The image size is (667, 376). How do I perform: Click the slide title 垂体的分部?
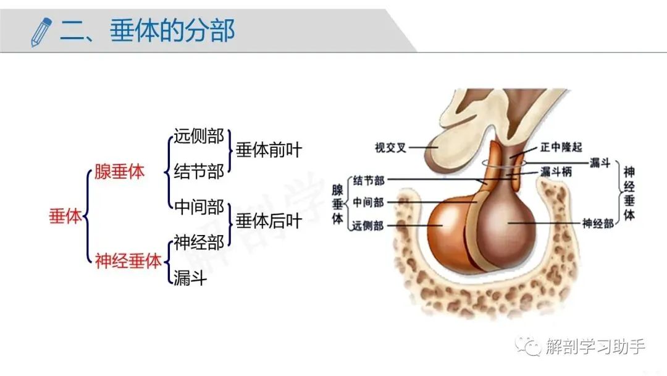pyautogui.click(x=172, y=31)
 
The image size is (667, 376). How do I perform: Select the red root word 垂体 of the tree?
pyautogui.click(x=65, y=216)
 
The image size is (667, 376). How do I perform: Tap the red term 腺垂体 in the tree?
pyautogui.click(x=119, y=172)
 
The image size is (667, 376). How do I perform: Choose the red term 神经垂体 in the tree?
pyautogui.click(x=128, y=261)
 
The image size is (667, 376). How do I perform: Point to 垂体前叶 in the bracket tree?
pyautogui.click(x=269, y=150)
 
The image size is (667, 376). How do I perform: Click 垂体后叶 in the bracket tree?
pyautogui.click(x=269, y=221)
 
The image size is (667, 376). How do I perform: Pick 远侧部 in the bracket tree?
pyautogui.click(x=199, y=136)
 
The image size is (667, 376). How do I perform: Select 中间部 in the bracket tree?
pyautogui.click(x=199, y=207)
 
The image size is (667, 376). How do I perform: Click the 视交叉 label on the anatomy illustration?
pyautogui.click(x=390, y=147)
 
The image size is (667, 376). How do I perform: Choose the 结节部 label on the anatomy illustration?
pyautogui.click(x=368, y=181)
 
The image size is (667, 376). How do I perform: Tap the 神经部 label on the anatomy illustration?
pyautogui.click(x=598, y=223)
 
